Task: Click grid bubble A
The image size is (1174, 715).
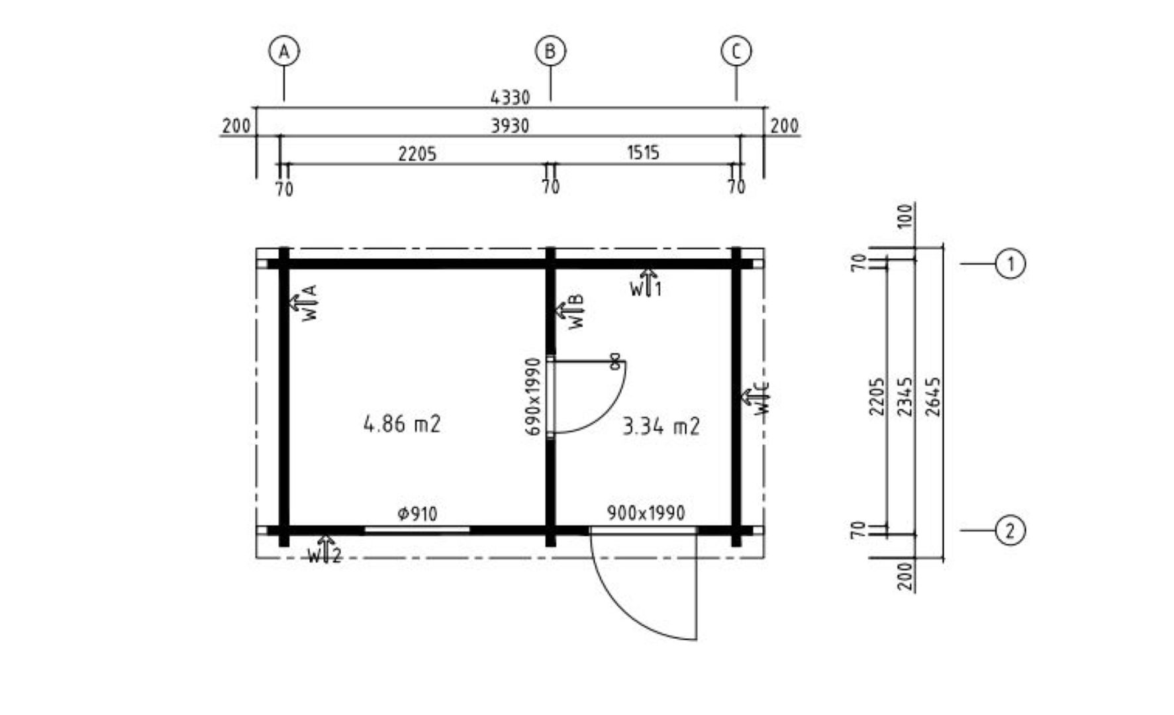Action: pos(284,51)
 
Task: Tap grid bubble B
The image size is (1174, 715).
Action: pos(550,51)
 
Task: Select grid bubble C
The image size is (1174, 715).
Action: pos(736,51)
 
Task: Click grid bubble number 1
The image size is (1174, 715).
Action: pos(1010,264)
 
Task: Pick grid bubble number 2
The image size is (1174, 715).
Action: pos(1010,530)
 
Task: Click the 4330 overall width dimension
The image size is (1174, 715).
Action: pos(510,98)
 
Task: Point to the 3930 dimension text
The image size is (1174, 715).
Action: pos(510,126)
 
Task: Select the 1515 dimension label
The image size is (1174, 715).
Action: pos(643,153)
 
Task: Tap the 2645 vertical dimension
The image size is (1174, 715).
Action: pos(933,397)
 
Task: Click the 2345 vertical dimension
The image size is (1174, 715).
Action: pos(905,397)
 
